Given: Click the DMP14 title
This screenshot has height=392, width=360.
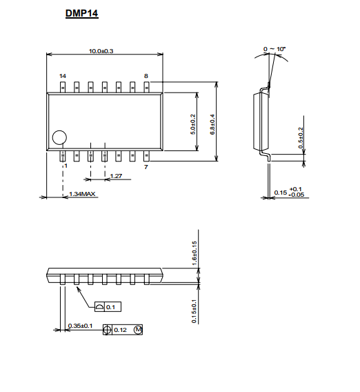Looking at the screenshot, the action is coord(81,13).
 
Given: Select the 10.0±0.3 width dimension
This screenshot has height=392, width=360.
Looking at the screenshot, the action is coord(101,51).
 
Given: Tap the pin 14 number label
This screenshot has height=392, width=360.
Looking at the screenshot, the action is coord(63,76).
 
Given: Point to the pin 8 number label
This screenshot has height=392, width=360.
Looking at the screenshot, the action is coord(146,76).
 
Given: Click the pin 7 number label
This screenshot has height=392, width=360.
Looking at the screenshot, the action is coord(146,167).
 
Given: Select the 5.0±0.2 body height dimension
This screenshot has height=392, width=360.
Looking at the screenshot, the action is coord(193,124).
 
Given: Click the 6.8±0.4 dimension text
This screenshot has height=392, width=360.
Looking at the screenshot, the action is coord(212,124).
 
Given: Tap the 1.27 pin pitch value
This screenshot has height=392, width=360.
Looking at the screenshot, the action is coord(116,176).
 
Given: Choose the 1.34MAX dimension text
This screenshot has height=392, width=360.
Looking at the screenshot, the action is coord(82,194).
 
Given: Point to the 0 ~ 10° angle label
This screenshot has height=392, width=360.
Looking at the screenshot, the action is coord(274,49).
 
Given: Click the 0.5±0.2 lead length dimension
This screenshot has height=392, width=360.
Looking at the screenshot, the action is coord(301,138).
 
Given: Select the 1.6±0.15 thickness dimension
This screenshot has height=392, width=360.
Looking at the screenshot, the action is coord(194,253).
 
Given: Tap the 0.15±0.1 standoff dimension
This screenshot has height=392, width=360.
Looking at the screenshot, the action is coord(194,311).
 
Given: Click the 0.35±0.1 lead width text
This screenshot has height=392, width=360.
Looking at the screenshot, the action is coord(80,326).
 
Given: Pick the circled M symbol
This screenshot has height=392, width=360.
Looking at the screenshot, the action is coord(138,330).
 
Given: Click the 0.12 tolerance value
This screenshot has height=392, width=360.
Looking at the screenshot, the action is coord(120,330).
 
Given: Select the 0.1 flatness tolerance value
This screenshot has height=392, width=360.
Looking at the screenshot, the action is coord(110,307).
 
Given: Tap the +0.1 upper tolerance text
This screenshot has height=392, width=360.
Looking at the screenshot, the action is coord(296,189).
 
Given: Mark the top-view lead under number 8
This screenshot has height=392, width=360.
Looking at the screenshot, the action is coord(147,87).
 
